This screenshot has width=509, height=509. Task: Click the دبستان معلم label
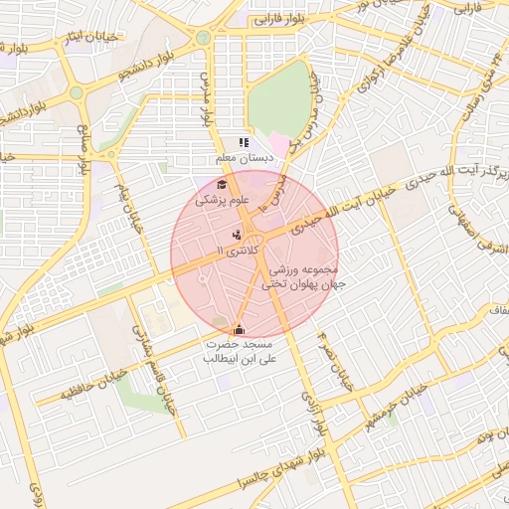(244, 158)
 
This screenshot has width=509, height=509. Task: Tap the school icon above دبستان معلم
(244, 143)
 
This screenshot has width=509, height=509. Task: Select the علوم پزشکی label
(221, 200)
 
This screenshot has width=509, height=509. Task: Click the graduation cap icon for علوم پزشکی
(222, 185)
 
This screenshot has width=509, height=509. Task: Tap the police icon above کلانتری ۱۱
(236, 235)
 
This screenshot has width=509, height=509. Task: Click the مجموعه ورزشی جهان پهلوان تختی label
(301, 277)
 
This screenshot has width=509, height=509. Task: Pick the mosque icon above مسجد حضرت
(238, 329)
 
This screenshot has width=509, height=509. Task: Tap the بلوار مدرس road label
(208, 97)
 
